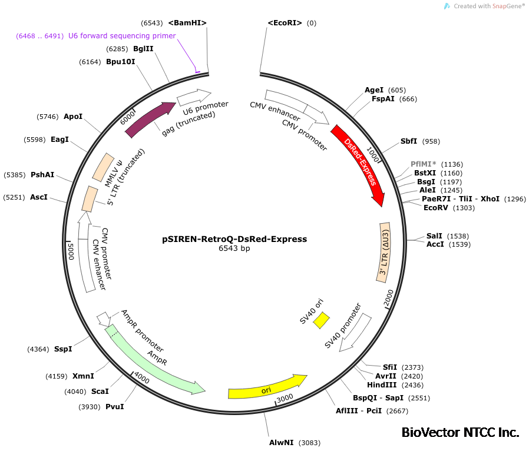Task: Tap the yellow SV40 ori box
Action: point(322,320)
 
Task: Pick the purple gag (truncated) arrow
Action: point(150,118)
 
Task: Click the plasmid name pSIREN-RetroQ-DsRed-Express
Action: point(234,239)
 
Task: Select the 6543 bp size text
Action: point(234,248)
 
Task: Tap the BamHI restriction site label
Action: point(187,23)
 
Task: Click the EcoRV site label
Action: point(437,207)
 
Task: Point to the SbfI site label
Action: point(409,141)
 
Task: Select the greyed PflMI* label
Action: point(424,164)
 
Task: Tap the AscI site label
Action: point(39,197)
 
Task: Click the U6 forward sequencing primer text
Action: point(122,36)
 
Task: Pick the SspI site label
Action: point(63,349)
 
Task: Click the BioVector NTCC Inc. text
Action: point(460,433)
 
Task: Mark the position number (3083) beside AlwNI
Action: point(310,442)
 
